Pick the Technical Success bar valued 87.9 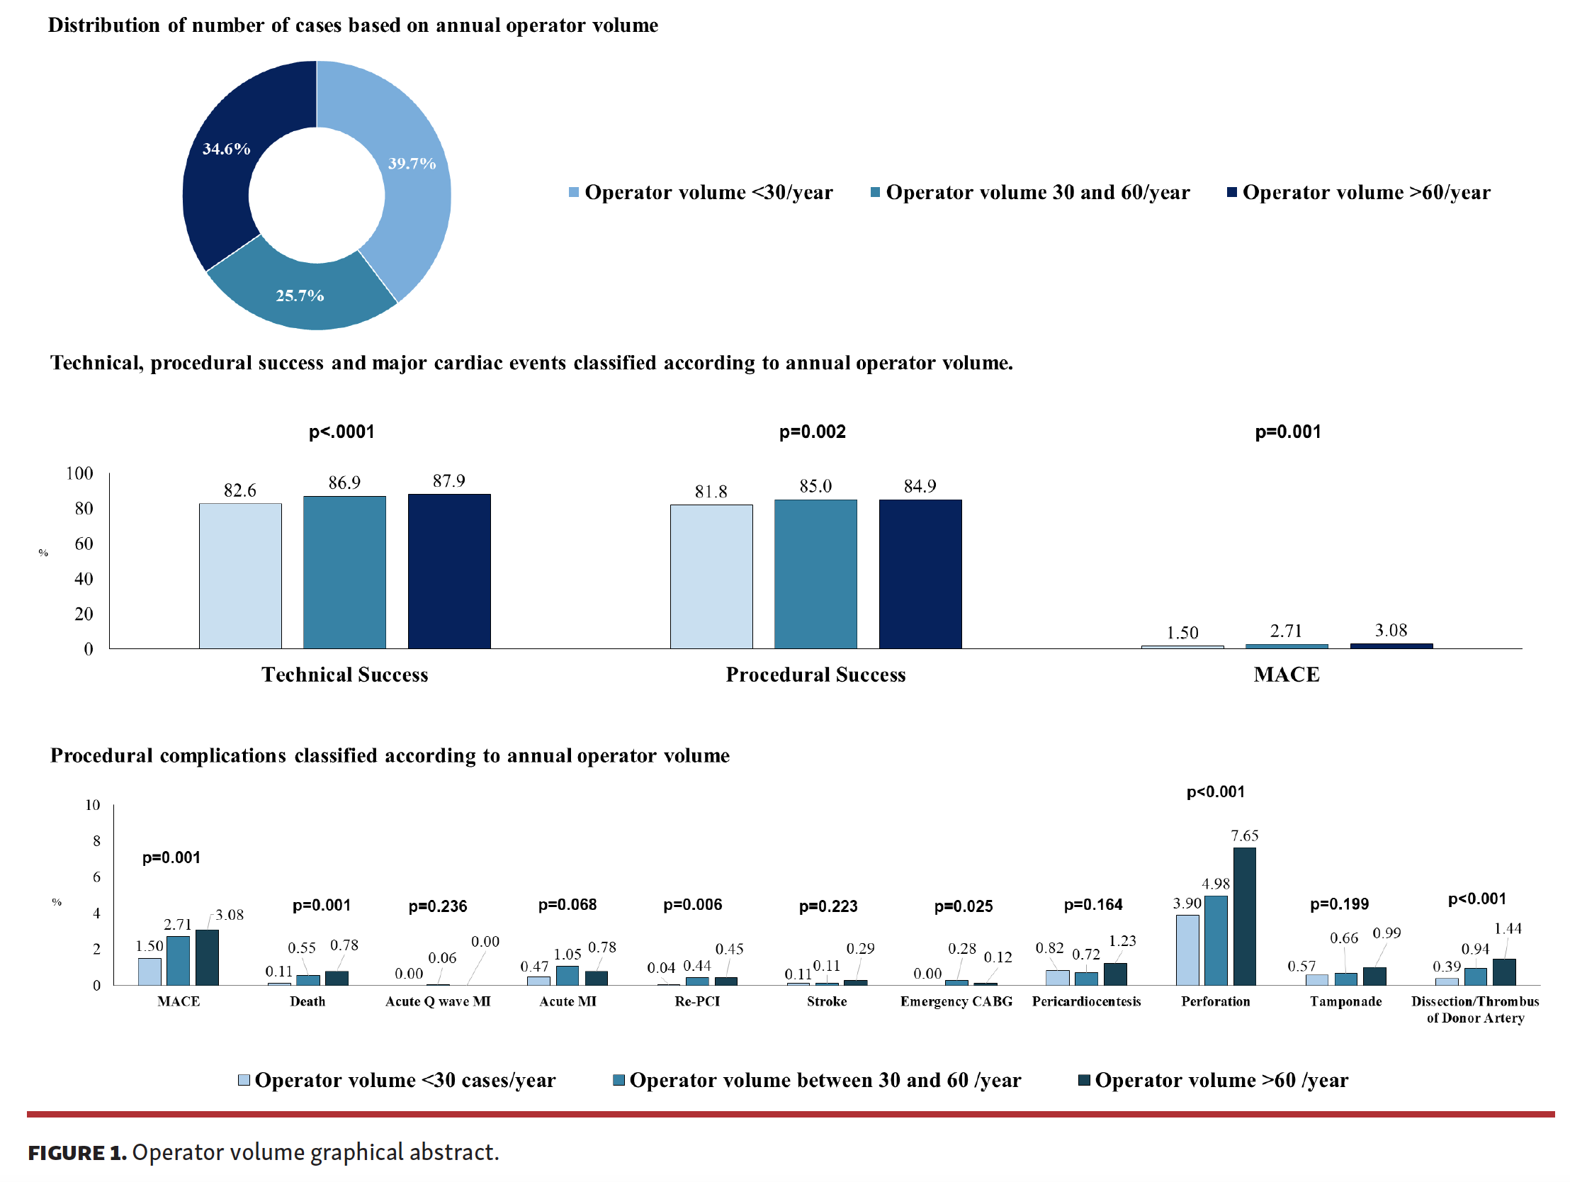[448, 570]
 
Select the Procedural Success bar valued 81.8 [711, 575]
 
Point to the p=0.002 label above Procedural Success [812, 432]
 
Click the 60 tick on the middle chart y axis [84, 544]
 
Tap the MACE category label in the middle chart [1286, 675]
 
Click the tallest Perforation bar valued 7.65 [1244, 916]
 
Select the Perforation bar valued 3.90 [1187, 950]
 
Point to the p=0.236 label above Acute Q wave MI [437, 906]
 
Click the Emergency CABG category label [956, 1002]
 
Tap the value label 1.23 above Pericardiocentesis [1122, 940]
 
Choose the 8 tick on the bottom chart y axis [96, 841]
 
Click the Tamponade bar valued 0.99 [1374, 976]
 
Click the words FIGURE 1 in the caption [77, 1152]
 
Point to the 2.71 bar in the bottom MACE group [178, 960]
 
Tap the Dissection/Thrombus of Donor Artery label [1475, 1010]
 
